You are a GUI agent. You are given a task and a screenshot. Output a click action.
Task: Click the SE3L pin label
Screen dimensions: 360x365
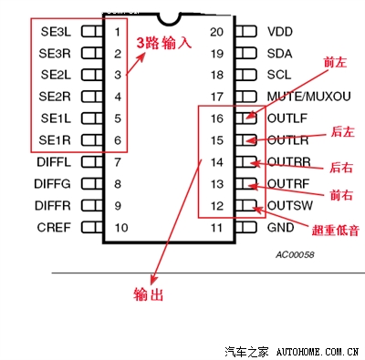(57, 30)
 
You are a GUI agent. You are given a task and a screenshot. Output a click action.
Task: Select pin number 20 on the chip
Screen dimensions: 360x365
(216, 31)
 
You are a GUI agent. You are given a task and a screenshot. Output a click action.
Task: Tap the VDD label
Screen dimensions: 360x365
(280, 31)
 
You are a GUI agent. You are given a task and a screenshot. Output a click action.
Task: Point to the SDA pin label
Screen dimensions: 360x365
(280, 53)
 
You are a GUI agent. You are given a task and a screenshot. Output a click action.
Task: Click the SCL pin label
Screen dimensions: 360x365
(279, 74)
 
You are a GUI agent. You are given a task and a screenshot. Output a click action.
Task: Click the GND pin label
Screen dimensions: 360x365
(281, 227)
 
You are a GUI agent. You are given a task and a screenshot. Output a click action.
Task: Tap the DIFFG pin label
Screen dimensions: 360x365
(54, 183)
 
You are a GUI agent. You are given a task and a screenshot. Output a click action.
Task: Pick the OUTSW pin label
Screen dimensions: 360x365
(287, 205)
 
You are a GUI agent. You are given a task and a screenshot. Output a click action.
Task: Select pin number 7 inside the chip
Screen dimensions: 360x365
(118, 161)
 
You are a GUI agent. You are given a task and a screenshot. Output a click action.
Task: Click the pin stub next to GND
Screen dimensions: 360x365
(246, 227)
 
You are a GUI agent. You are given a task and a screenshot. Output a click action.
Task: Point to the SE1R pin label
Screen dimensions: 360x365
(57, 139)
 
